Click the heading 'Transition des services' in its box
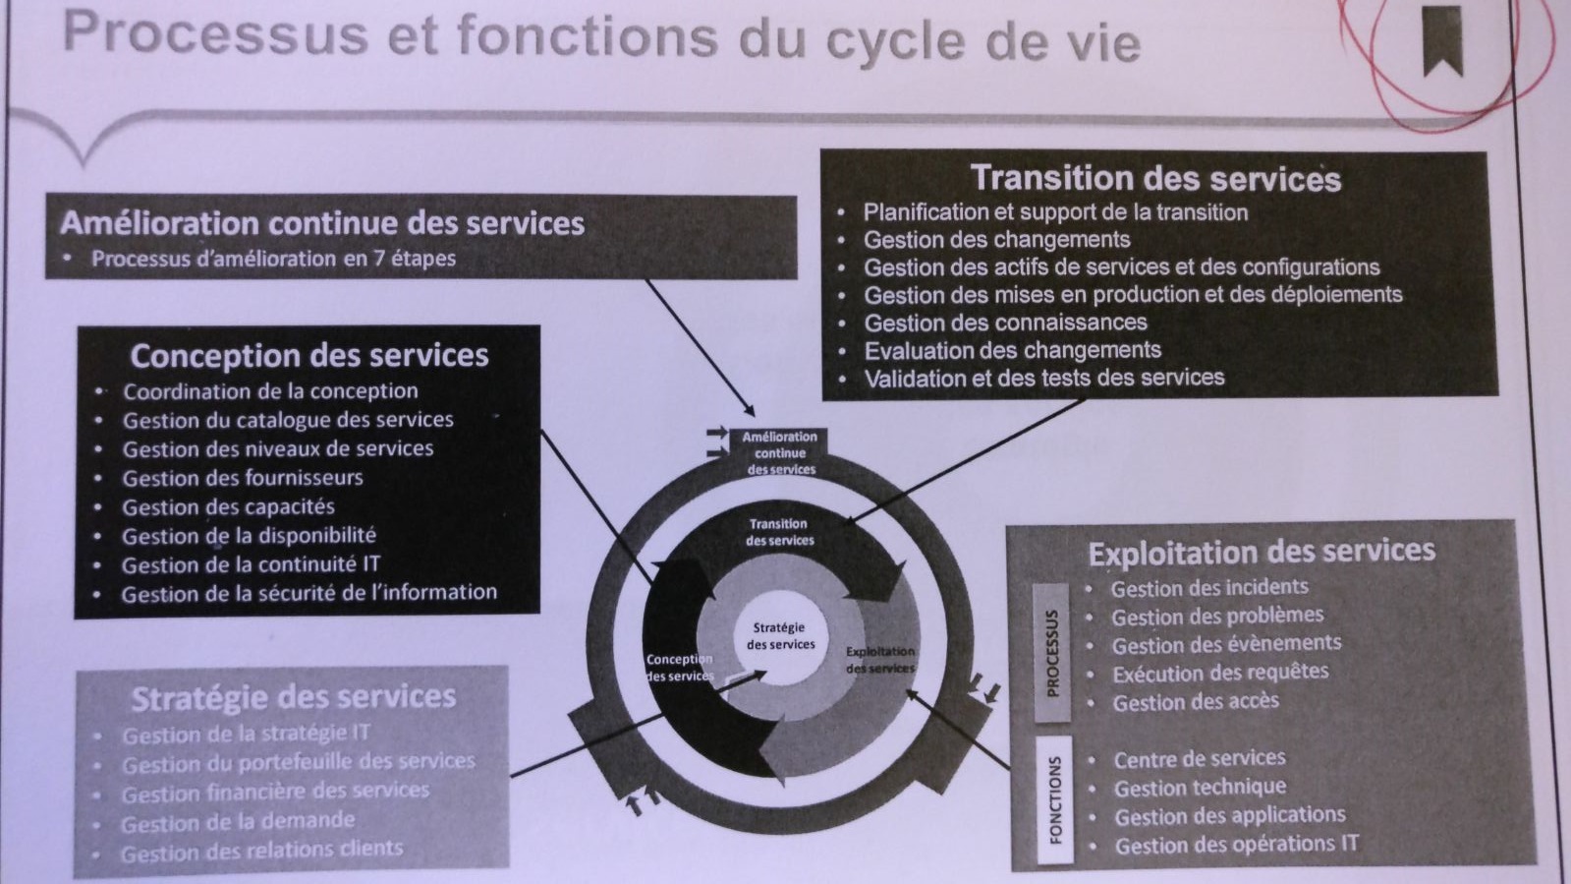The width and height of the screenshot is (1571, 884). [x=1155, y=178]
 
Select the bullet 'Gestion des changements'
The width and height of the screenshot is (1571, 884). [x=996, y=240]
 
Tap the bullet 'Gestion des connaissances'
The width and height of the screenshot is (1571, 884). [x=1005, y=323]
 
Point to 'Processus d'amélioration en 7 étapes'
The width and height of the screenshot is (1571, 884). [x=273, y=259]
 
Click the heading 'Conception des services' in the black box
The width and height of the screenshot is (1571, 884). [x=309, y=355]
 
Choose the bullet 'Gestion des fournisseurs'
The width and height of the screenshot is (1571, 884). [x=242, y=478]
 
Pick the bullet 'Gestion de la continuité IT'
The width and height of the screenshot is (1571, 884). [x=250, y=565]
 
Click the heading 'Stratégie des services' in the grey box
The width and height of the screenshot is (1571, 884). [x=293, y=697]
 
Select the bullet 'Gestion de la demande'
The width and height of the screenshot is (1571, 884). [x=238, y=821]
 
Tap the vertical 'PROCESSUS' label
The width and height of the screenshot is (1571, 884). [x=1052, y=653]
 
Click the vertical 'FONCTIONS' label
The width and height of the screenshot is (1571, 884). [x=1055, y=800]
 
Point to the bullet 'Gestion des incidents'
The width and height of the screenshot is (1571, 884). [x=1208, y=588]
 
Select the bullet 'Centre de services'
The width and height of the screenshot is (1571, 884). [x=1199, y=758]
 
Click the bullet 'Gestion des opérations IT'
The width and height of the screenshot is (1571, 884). [x=1236, y=845]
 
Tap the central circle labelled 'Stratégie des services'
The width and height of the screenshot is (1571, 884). [x=780, y=636]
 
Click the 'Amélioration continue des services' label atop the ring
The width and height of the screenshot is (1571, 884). [x=780, y=452]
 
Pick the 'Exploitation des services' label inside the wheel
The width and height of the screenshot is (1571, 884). [x=880, y=660]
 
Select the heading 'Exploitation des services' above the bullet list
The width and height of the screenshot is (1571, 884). [x=1262, y=553]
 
